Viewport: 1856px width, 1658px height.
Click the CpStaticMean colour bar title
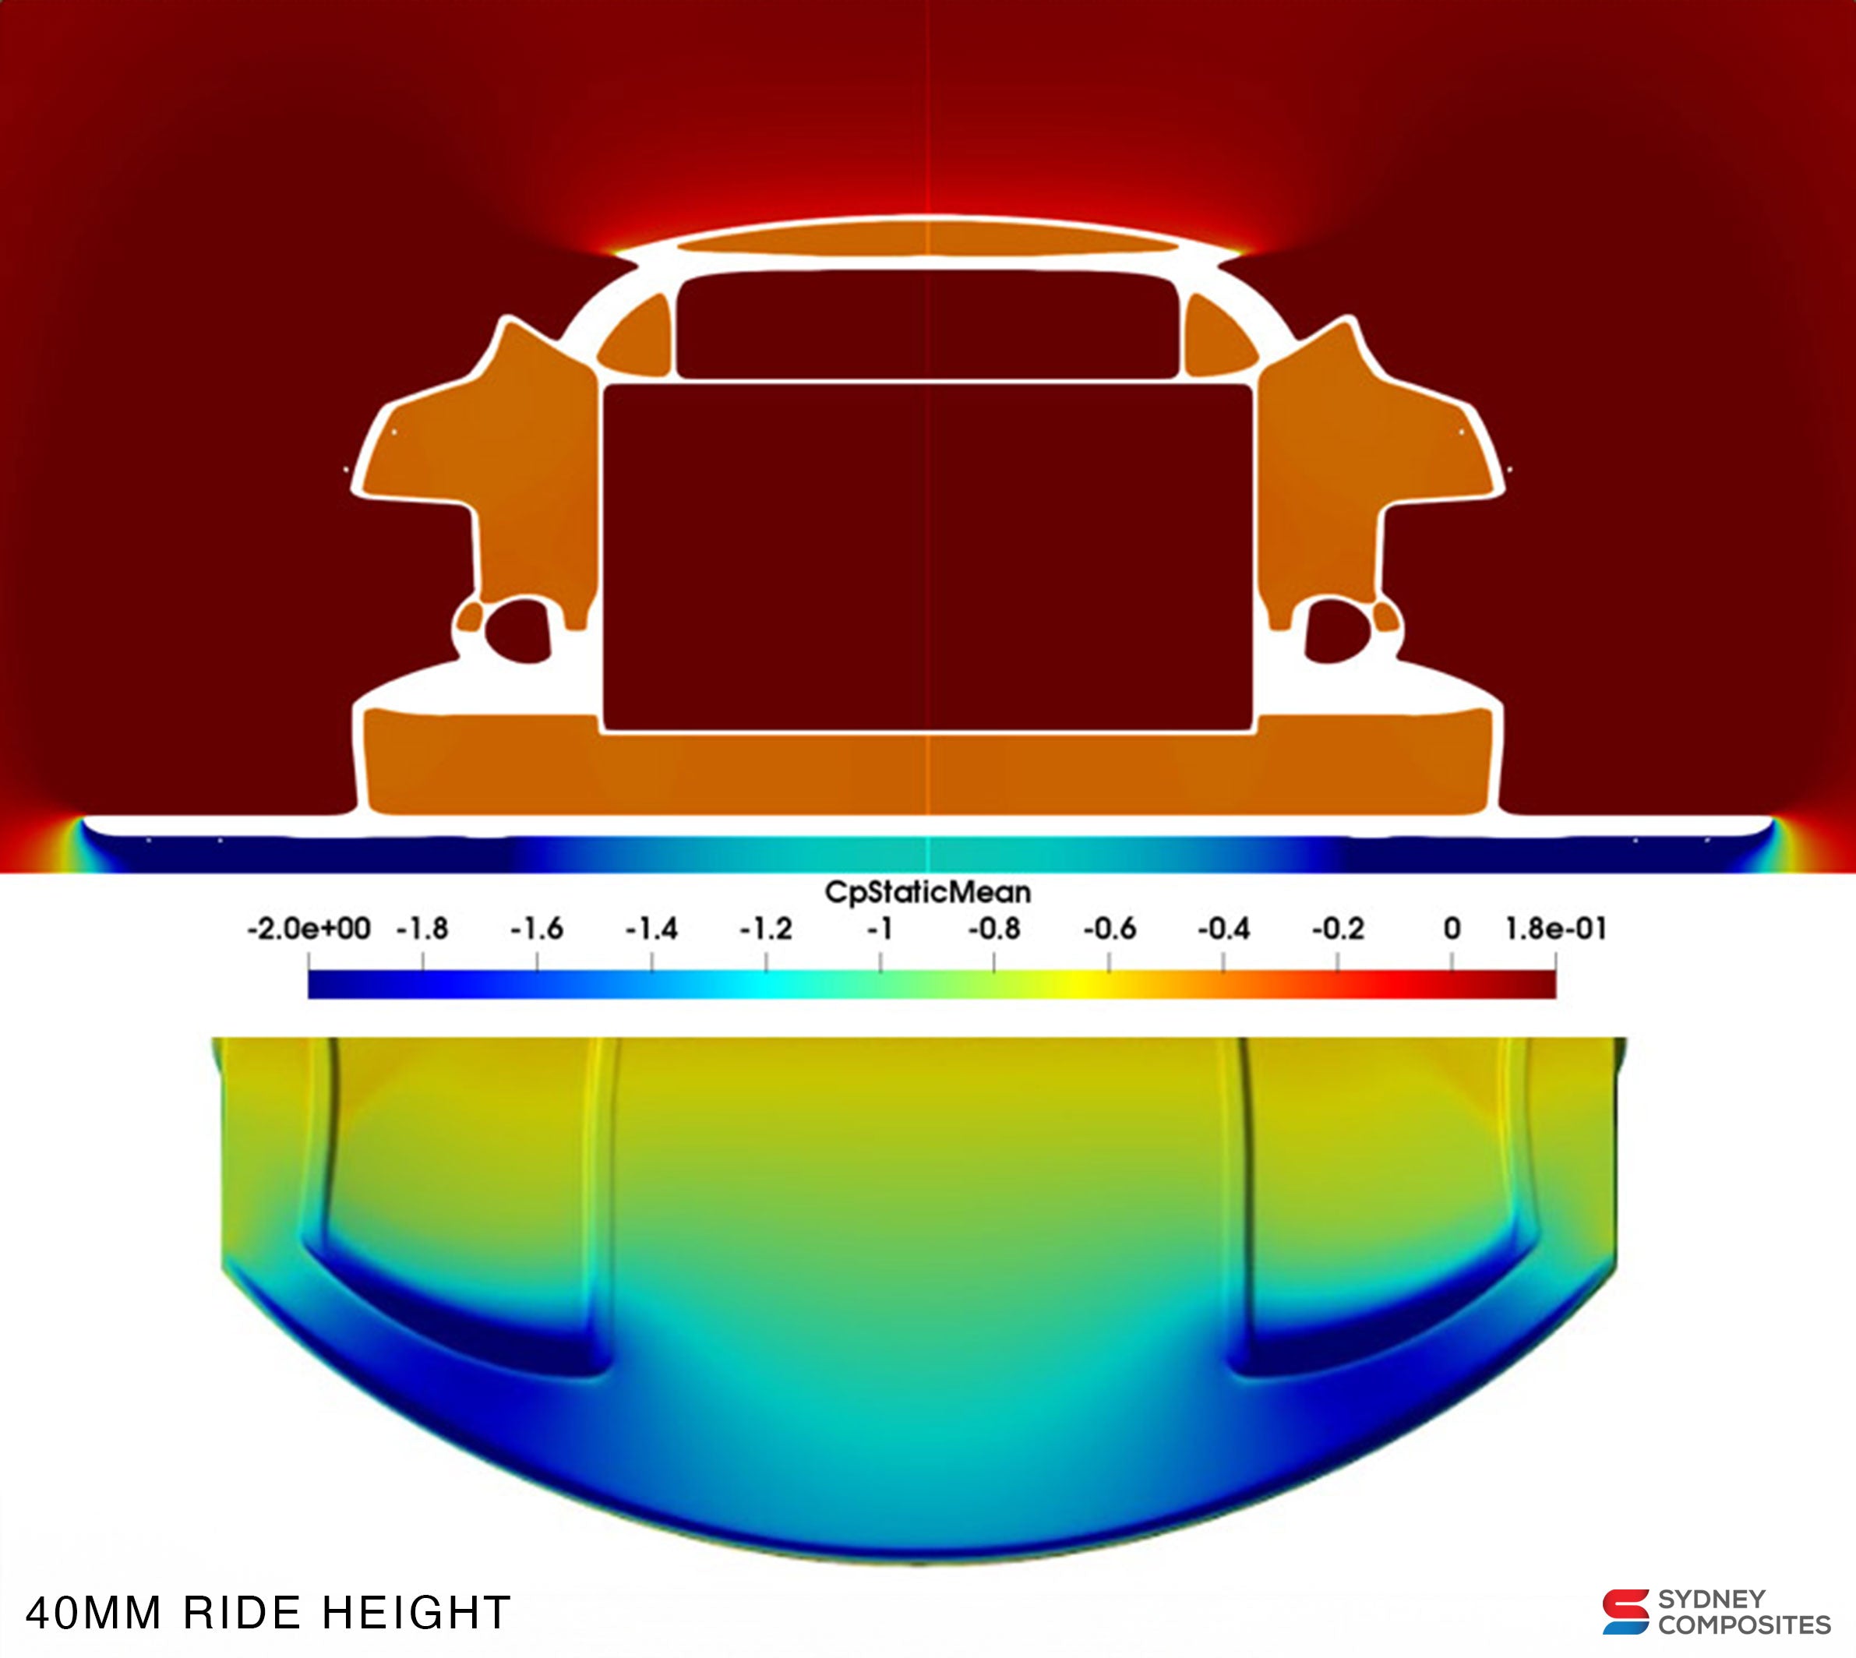click(927, 892)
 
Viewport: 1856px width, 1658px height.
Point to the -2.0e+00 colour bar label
click(309, 930)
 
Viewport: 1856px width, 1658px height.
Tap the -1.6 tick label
click(537, 930)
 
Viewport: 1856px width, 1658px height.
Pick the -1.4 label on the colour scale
click(651, 930)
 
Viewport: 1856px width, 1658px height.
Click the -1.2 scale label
click(766, 930)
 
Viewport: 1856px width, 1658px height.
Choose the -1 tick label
click(879, 930)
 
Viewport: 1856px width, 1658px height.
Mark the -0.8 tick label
click(994, 930)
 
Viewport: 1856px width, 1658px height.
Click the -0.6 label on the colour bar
click(1109, 930)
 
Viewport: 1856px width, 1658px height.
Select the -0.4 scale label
click(1223, 930)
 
